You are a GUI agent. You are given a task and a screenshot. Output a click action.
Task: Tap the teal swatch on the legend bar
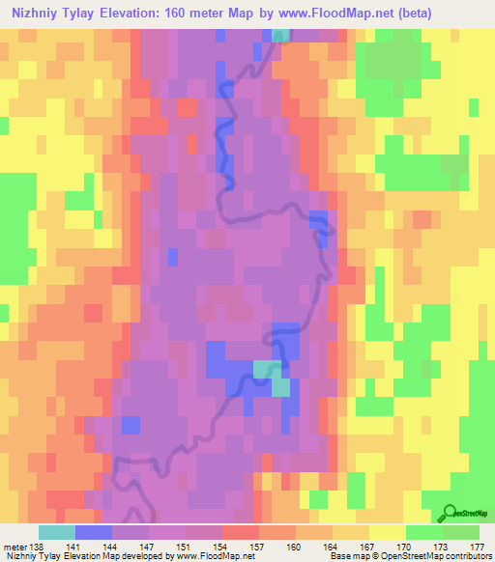coord(57,532)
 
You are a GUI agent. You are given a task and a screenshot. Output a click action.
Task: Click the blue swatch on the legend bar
coord(94,532)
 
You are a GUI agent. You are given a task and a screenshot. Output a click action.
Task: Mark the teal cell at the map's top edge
coord(280,36)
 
